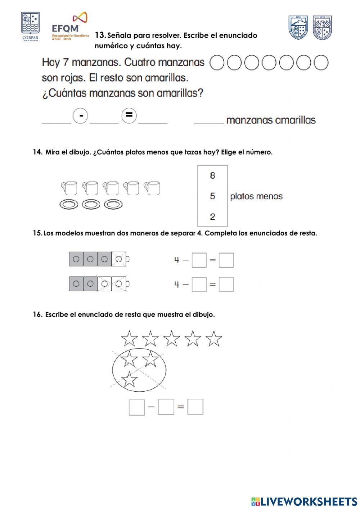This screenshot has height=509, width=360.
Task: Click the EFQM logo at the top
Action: (x=70, y=27)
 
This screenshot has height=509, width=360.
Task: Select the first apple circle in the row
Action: (x=216, y=63)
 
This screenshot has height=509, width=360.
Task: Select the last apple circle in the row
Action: (x=321, y=63)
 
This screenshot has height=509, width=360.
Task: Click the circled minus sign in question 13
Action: (x=80, y=116)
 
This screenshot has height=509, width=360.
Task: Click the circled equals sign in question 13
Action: (x=129, y=116)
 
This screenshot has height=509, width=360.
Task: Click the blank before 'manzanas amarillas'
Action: (x=209, y=120)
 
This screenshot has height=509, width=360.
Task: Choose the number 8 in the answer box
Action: (x=212, y=175)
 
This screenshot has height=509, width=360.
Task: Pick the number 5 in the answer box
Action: (x=212, y=196)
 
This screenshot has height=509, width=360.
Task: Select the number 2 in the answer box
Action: (x=212, y=216)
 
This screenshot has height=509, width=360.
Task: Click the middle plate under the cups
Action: (x=91, y=205)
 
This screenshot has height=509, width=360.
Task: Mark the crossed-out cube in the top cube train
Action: (x=119, y=259)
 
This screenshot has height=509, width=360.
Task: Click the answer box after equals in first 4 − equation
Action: (x=226, y=260)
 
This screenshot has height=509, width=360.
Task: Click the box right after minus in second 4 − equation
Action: (x=199, y=284)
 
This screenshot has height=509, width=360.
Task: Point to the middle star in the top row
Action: (x=171, y=339)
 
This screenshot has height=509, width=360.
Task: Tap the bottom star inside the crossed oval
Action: (x=129, y=379)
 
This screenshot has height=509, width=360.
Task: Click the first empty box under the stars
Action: (x=136, y=407)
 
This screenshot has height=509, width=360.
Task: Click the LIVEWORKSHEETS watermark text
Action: (x=304, y=501)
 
